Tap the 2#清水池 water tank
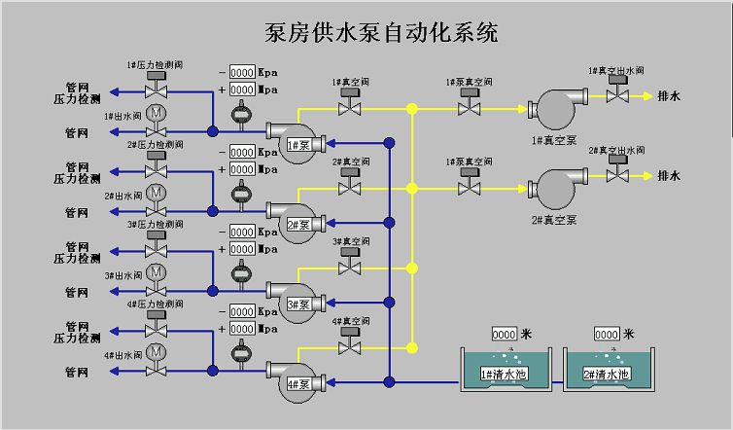pyautogui.click(x=609, y=373)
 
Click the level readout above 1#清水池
pyautogui.click(x=506, y=334)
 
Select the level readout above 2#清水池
pyautogui.click(x=609, y=334)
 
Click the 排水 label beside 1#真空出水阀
pyautogui.click(x=669, y=96)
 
